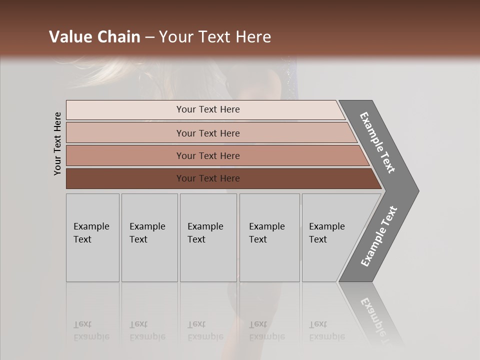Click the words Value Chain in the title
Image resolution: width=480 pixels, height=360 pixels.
coord(94,37)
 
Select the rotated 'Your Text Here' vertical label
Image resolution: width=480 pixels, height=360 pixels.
coord(57,144)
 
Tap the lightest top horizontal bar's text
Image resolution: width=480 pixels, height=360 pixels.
coord(208,109)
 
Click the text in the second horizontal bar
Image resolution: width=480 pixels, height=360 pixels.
coord(208,133)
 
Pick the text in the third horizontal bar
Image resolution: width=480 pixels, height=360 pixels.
coord(208,156)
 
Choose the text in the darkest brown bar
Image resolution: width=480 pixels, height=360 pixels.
coord(208,178)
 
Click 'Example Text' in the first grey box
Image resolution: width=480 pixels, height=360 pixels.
coord(91,233)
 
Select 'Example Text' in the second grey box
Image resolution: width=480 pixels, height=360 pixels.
coord(147,233)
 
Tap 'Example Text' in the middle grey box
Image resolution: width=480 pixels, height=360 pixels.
coord(205,233)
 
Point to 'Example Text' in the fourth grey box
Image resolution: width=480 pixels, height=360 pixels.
coord(266,233)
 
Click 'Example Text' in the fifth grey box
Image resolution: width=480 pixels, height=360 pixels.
coord(326,233)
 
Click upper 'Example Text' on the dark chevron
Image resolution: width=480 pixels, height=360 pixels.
coord(377,143)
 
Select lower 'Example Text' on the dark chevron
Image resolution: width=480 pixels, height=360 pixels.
coord(378,236)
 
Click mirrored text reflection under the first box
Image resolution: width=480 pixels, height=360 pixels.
coord(91,330)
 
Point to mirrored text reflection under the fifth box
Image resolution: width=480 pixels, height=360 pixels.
coord(326,330)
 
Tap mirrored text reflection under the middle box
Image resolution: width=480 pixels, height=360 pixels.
coord(205,330)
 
